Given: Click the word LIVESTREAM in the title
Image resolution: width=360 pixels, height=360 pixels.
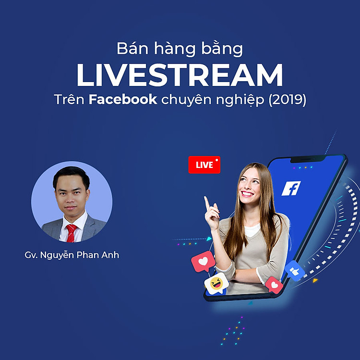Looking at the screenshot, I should click(x=180, y=75).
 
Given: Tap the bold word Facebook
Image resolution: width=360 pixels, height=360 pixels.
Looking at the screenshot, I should click(x=123, y=100).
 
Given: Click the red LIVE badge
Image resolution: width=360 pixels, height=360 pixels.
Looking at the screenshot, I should click(x=204, y=165).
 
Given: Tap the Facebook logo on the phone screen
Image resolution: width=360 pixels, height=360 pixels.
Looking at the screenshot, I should click(x=291, y=188).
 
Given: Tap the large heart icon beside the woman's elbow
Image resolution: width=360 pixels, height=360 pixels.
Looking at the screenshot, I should click(x=202, y=262).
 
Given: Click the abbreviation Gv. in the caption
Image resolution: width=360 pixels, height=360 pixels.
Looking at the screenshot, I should click(x=31, y=255).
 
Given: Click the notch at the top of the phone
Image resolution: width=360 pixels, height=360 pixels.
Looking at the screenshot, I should click(x=308, y=158).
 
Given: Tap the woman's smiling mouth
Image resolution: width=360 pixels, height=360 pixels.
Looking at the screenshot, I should click(x=248, y=193).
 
